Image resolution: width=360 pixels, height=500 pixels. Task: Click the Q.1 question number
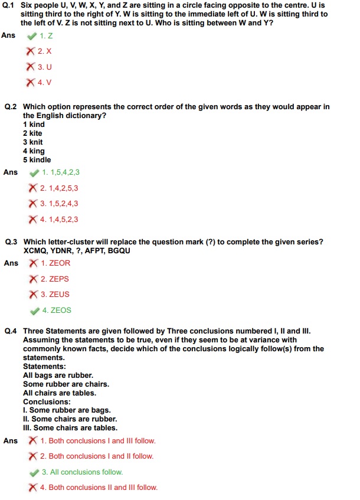(12, 5)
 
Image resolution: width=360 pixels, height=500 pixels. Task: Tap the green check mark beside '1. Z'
(32, 36)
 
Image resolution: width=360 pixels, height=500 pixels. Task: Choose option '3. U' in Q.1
(45, 67)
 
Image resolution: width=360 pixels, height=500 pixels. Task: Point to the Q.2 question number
(12, 107)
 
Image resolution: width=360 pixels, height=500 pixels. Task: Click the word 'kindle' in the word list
(40, 160)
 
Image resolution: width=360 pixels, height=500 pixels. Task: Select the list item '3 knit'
(33, 142)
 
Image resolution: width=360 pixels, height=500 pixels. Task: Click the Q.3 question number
(12, 242)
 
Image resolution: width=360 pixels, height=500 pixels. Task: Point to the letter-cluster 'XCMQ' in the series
(35, 251)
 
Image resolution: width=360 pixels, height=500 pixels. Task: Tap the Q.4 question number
(12, 331)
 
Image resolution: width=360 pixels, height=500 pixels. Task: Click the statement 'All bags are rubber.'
(58, 375)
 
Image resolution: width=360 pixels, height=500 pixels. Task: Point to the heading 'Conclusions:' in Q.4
(47, 402)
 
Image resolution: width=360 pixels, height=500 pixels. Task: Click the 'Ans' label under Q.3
(11, 263)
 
